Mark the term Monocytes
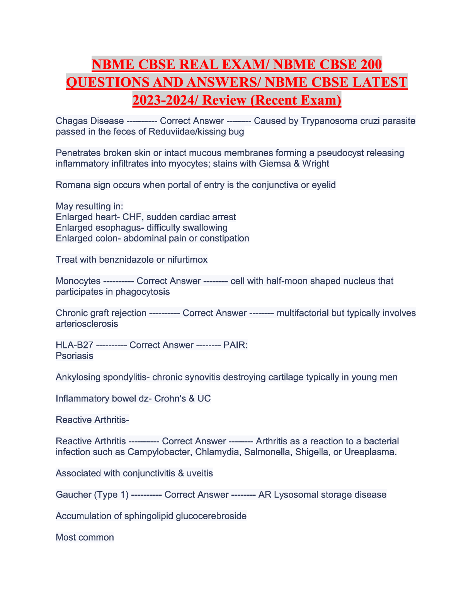click(x=78, y=281)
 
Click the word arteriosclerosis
click(x=87, y=324)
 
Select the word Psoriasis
click(x=75, y=356)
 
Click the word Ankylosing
click(x=78, y=377)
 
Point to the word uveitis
click(x=200, y=473)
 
